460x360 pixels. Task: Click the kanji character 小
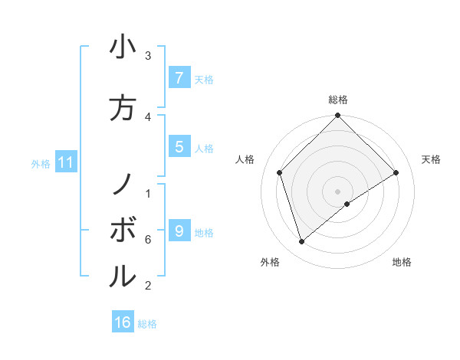pos(123,47)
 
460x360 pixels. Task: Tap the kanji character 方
pos(123,107)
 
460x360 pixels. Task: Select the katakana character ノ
pos(123,183)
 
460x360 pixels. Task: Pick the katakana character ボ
pos(123,229)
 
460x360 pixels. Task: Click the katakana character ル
pos(123,275)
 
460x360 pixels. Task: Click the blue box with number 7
pos(179,77)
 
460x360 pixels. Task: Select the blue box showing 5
pos(179,147)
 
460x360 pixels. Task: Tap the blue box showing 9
pos(179,231)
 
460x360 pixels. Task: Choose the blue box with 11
pos(66,162)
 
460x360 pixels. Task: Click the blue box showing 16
pos(123,322)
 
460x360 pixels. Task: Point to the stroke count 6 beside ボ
pos(147,240)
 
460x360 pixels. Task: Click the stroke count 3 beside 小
pos(148,56)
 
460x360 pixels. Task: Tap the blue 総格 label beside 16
pos(147,324)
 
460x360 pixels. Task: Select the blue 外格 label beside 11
pos(41,163)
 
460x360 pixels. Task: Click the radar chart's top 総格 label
pos(338,100)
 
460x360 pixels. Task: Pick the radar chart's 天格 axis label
pos(431,159)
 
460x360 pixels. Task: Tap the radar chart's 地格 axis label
pos(402,262)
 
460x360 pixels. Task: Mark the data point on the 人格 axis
pos(280,172)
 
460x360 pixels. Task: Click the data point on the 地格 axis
pos(347,204)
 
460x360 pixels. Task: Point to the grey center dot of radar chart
pos(338,191)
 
